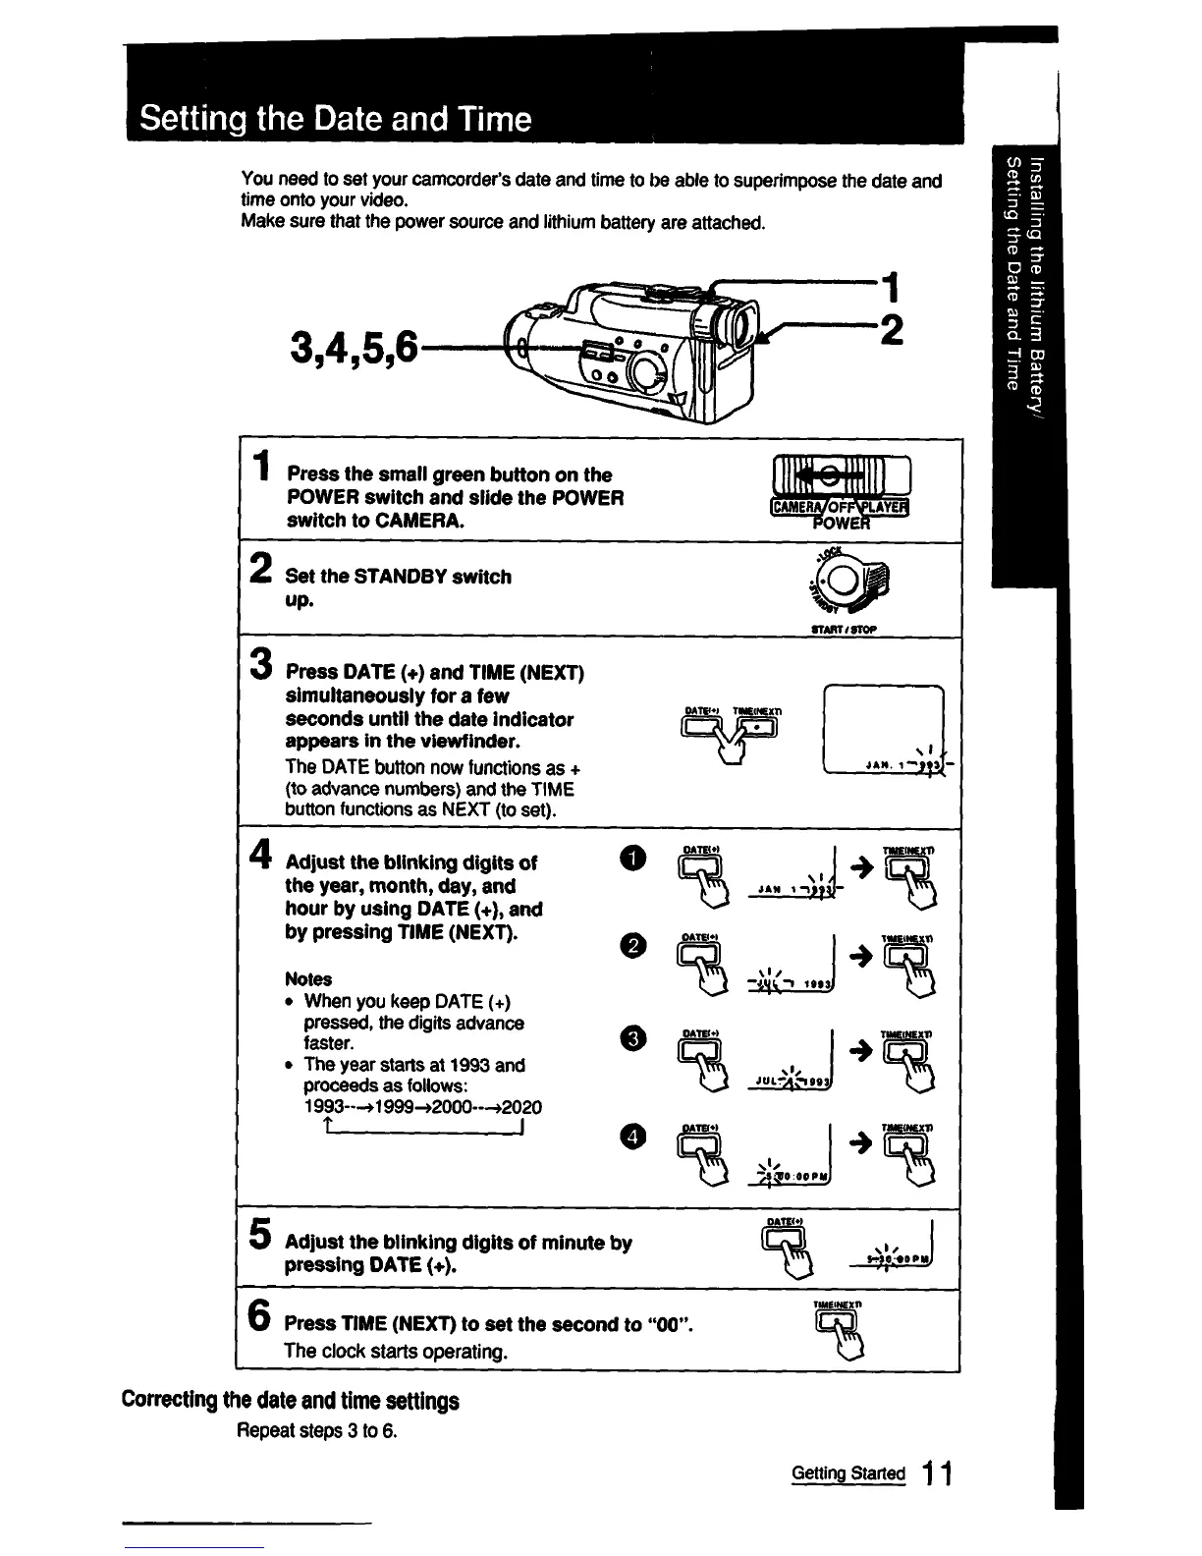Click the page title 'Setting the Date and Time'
pos(335,119)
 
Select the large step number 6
pos(259,1314)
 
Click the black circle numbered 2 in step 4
pos(635,945)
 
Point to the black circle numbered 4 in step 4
pos(635,1137)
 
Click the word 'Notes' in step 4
pos(308,979)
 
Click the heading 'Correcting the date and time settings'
pos(290,1401)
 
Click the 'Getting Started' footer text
pos(848,1473)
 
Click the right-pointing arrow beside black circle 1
pos(862,865)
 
